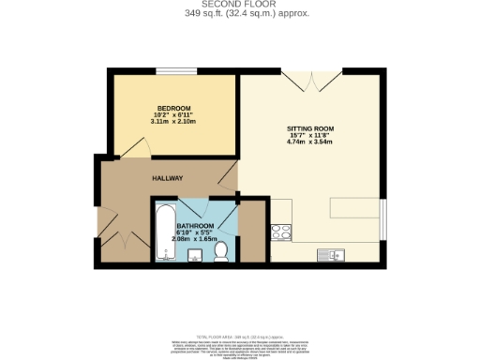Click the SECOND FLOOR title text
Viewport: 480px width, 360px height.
pos(240,5)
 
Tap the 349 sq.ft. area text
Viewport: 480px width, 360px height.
pos(240,14)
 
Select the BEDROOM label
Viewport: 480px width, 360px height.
pos(173,108)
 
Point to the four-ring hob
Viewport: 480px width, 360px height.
pos(280,232)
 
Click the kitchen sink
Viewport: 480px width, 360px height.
pos(335,253)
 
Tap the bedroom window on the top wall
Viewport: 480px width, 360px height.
pos(170,70)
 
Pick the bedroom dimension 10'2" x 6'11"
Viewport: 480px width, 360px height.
pos(173,115)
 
